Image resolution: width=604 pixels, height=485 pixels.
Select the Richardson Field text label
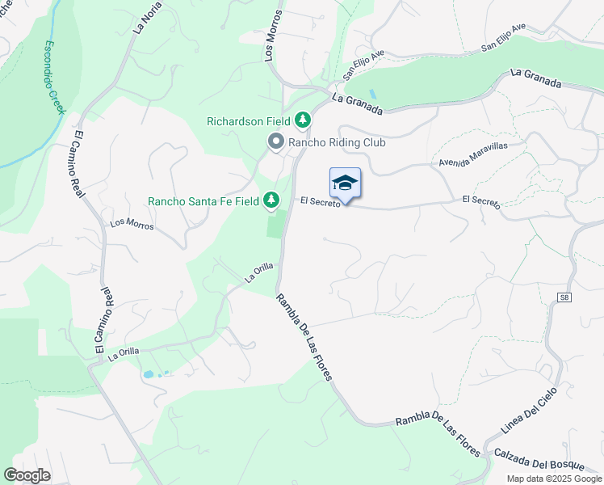tap(248, 121)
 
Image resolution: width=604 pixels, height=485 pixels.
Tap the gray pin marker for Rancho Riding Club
tap(275, 143)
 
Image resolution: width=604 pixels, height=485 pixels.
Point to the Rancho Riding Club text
tap(337, 143)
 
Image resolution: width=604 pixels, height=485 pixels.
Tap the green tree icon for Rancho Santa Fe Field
tap(271, 200)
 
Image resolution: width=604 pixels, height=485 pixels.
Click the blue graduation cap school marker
tap(345, 183)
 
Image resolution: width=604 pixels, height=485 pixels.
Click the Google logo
tap(27, 475)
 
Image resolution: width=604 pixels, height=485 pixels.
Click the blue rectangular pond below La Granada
tap(372, 95)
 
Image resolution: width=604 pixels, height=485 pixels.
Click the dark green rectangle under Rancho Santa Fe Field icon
tap(276, 224)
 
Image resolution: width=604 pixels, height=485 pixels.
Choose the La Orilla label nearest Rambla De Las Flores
tap(259, 273)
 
